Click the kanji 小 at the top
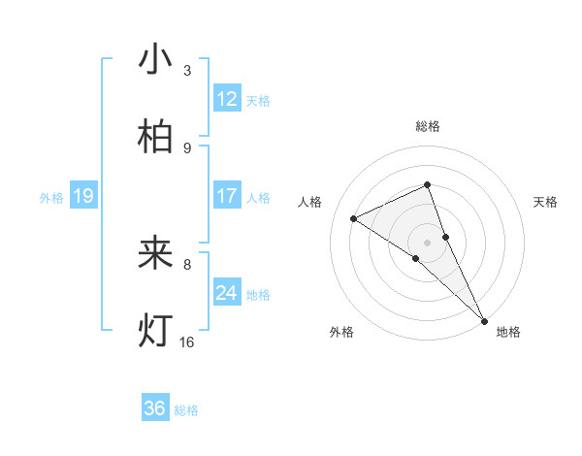156,60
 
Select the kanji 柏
156,137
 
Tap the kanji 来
156,253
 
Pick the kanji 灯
156,330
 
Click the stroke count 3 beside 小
187,71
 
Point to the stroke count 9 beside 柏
187,147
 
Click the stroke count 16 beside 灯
187,342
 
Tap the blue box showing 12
227,99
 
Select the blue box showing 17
227,196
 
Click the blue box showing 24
227,293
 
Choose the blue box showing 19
83,197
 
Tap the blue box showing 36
155,408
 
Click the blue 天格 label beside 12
258,100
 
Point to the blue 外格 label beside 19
51,198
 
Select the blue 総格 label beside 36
186,410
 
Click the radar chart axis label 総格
428,126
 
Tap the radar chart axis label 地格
508,332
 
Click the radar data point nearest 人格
354,218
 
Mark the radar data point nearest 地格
484,319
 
